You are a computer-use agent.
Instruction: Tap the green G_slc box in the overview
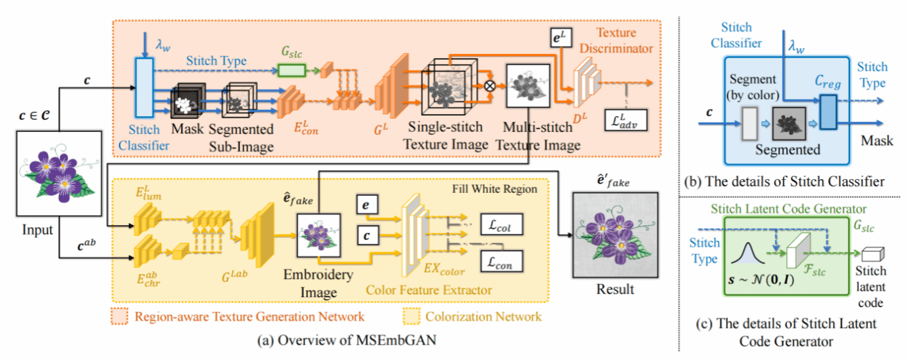(x=290, y=69)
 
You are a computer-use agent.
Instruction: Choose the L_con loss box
(x=502, y=261)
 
